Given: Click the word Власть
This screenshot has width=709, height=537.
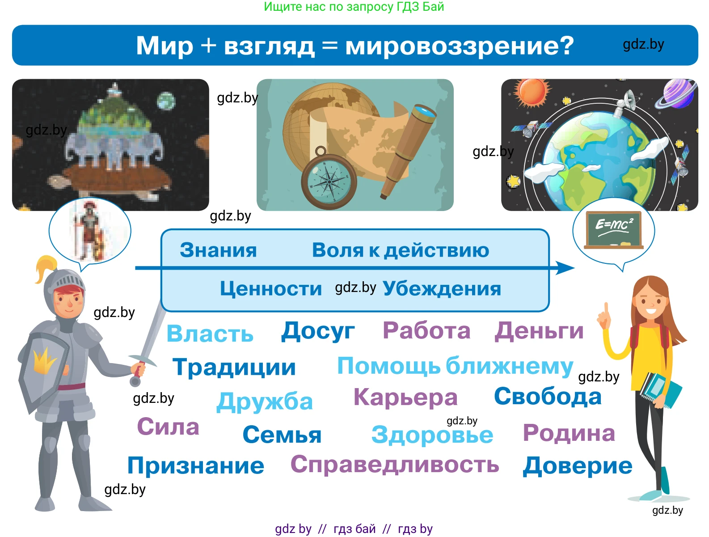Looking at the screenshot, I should coord(210,334).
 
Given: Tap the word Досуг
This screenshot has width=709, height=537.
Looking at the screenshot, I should coord(318,331).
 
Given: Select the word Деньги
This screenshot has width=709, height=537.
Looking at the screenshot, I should coord(539,331).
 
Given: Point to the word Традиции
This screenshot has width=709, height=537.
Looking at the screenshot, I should coord(234,367).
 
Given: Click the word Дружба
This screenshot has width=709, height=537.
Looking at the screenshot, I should coord(264,401).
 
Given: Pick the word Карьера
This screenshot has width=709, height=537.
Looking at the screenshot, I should coord(405,397).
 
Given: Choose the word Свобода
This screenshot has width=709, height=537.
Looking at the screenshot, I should coord(548,396).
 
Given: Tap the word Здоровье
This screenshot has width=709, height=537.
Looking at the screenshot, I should coord(432,435).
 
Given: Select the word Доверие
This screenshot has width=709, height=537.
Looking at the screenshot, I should coord(578,466).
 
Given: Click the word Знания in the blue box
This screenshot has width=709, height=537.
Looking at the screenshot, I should coord(218,250).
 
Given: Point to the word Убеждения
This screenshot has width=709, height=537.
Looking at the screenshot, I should coord(442,288).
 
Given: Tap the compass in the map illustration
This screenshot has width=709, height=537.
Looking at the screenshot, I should coord(329,181).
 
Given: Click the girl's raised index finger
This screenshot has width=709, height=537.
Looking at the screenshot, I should coord(607,309).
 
